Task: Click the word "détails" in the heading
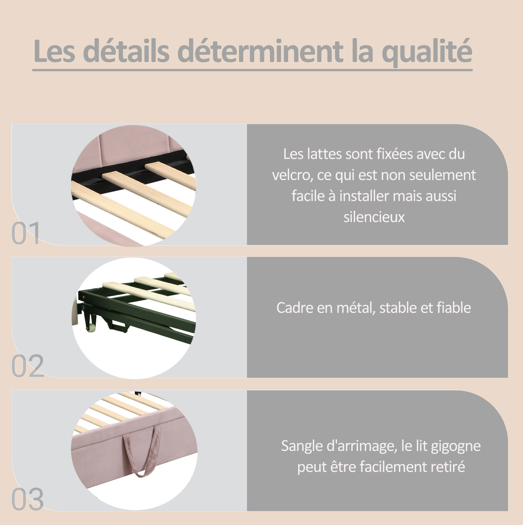click(x=127, y=51)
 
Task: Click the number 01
click(x=25, y=233)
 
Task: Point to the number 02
click(x=27, y=366)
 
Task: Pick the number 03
click(x=27, y=499)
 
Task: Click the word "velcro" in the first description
click(x=292, y=175)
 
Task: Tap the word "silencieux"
click(x=374, y=217)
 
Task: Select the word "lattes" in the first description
click(x=324, y=154)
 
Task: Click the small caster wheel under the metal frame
click(x=91, y=328)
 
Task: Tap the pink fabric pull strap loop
click(x=141, y=452)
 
